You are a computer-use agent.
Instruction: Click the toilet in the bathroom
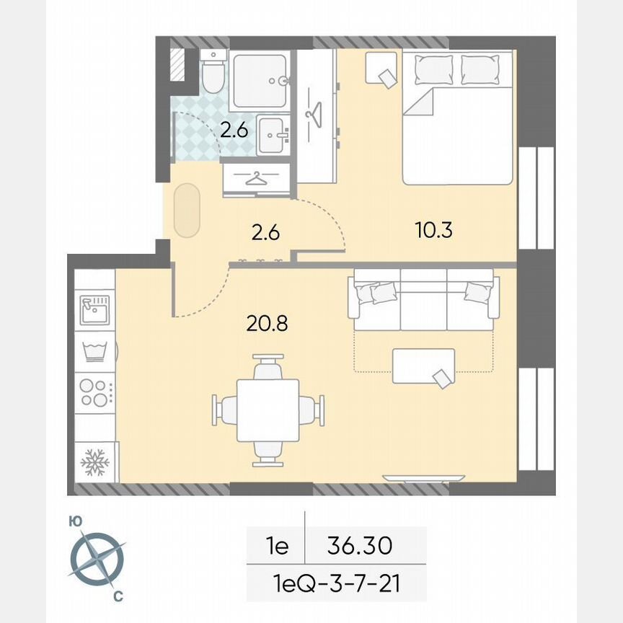point(213,75)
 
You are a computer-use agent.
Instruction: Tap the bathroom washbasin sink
point(273,135)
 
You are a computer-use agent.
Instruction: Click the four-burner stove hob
point(95,392)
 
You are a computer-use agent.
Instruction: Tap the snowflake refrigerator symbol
point(94,461)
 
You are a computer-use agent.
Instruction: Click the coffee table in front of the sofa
point(423,366)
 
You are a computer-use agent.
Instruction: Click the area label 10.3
point(434,231)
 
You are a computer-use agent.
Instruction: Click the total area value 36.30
point(360,546)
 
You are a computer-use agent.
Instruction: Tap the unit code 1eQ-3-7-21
point(337,582)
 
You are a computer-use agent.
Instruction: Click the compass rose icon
point(97,558)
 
